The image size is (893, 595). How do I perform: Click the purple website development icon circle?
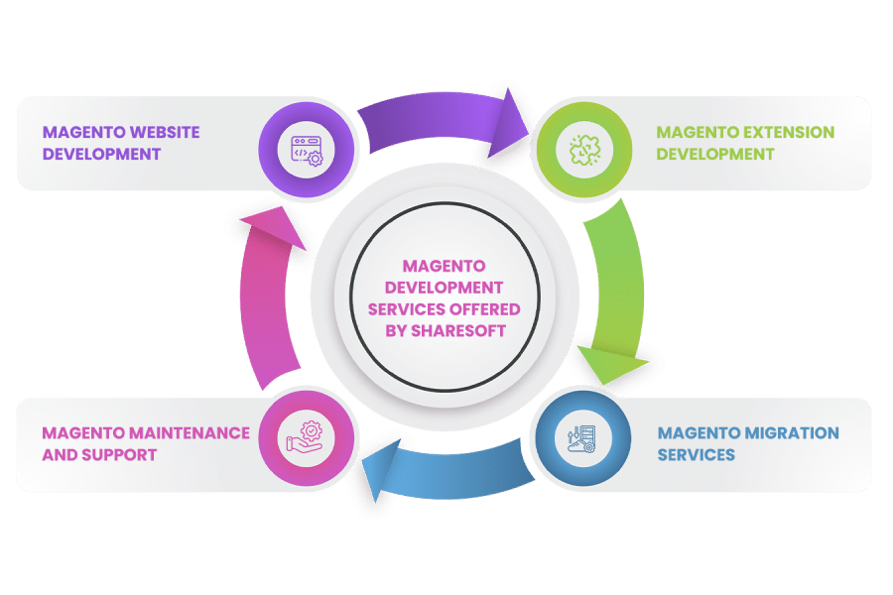coord(307,150)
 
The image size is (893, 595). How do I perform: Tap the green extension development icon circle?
coord(584,150)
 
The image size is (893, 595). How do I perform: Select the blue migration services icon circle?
coord(583,438)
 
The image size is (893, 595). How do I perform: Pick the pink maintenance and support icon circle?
coord(307,438)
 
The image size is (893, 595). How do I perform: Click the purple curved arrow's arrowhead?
coord(508,126)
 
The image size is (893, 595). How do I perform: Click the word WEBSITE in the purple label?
coord(164,132)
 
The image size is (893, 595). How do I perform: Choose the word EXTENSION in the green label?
coord(788,132)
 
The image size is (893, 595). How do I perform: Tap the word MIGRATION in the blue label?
coord(792,433)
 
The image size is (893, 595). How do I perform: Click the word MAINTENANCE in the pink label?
coord(190,433)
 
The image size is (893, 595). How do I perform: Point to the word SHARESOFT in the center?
coord(458,331)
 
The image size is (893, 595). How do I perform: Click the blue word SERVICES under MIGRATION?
coord(696,455)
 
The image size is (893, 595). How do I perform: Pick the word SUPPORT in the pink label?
coord(119,455)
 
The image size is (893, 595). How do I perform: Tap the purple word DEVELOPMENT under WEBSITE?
coord(101,155)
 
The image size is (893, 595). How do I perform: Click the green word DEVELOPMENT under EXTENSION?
coord(715,155)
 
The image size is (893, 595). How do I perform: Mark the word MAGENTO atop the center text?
coord(445,266)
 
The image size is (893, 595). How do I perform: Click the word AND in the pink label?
coord(60,455)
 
